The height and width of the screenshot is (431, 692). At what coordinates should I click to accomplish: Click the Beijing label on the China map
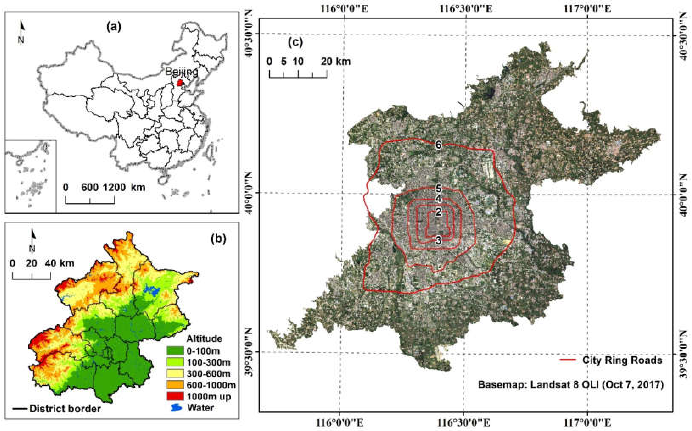click(181, 72)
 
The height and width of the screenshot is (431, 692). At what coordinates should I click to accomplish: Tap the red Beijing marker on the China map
click(179, 83)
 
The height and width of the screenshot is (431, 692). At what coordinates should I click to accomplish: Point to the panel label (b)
click(218, 239)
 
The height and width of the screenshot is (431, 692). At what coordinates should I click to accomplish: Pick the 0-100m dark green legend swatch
click(175, 350)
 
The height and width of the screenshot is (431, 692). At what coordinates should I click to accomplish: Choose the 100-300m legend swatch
click(175, 362)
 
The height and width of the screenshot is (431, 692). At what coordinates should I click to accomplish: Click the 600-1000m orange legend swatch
click(175, 385)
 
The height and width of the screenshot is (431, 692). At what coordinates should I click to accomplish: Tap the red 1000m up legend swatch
click(175, 396)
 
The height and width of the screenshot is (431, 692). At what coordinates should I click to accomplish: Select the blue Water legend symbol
click(176, 408)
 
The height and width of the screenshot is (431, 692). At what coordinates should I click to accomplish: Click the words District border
click(65, 409)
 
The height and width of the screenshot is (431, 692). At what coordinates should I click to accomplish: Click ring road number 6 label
click(438, 145)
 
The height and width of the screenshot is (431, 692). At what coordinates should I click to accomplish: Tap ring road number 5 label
click(438, 188)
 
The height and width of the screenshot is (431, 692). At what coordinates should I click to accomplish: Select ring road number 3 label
click(438, 240)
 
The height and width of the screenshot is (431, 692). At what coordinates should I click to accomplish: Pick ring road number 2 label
click(438, 212)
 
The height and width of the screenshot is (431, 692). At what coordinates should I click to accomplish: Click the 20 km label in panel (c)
click(335, 61)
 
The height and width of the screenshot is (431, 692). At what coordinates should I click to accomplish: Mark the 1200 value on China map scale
click(114, 187)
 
